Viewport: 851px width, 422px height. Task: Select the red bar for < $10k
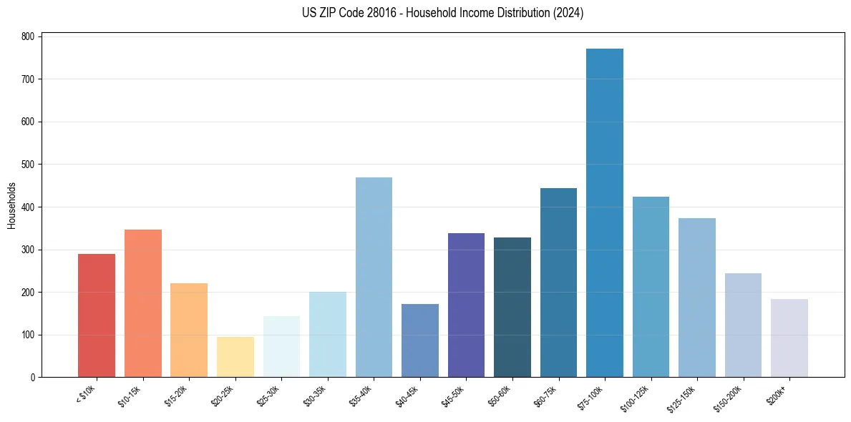pyautogui.click(x=97, y=315)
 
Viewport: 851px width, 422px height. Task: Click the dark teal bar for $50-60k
pyautogui.click(x=512, y=308)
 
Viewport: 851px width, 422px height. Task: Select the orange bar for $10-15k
pyautogui.click(x=143, y=303)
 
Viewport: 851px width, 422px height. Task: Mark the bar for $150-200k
pyautogui.click(x=743, y=325)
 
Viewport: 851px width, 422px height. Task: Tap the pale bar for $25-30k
pyautogui.click(x=281, y=347)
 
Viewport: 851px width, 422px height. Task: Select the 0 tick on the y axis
pyautogui.click(x=34, y=378)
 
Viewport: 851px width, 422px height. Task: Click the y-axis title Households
pyautogui.click(x=11, y=205)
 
